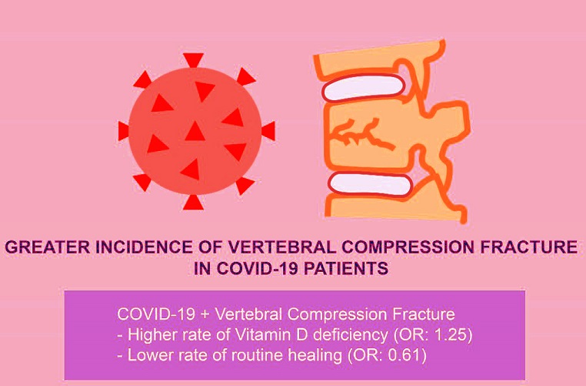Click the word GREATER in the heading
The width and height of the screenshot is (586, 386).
(47, 247)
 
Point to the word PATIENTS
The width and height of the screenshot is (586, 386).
(346, 268)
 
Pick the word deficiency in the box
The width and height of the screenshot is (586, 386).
(350, 335)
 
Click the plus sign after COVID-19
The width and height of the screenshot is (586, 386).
(205, 314)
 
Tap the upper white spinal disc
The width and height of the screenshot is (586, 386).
(363, 87)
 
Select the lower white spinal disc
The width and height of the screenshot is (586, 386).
(370, 184)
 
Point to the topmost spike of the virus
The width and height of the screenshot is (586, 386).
(193, 60)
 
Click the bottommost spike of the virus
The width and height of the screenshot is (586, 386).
(193, 203)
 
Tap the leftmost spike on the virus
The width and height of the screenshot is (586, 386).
(123, 131)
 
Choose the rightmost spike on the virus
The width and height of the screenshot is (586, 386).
(269, 131)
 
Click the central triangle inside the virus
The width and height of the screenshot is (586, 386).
(195, 132)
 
